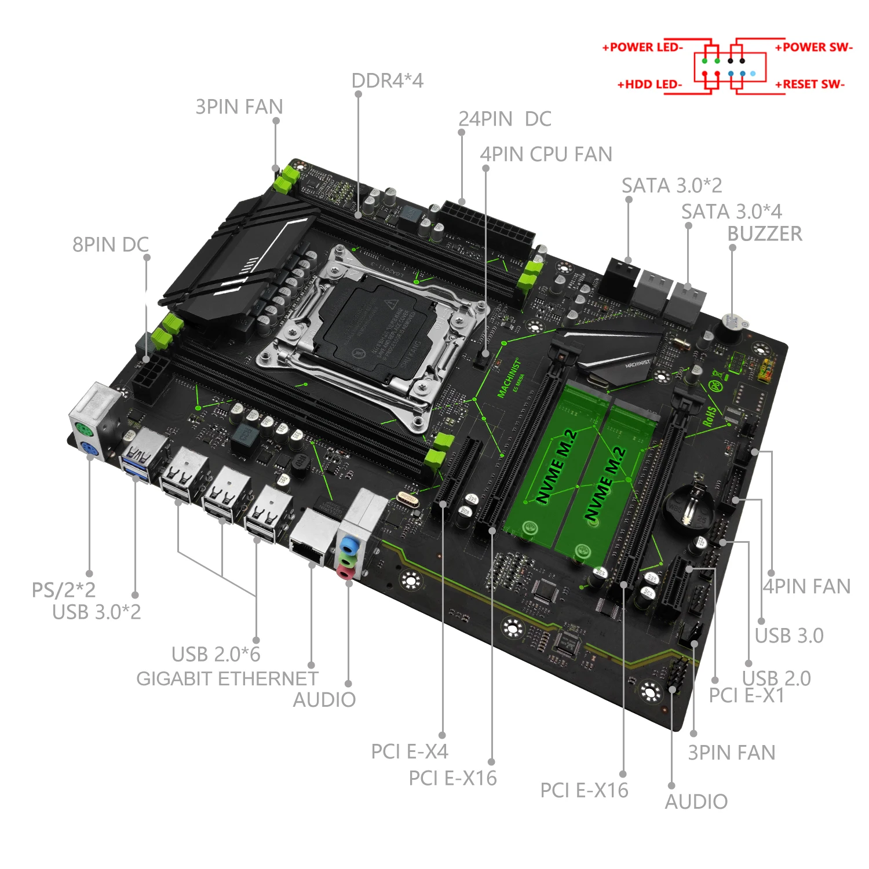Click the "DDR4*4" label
pyautogui.click(x=387, y=81)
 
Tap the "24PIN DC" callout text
pyautogui.click(x=505, y=119)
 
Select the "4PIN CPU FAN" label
pyautogui.click(x=546, y=154)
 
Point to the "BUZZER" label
pyautogui.click(x=765, y=233)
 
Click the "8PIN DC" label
pyautogui.click(x=110, y=244)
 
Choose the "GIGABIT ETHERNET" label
pyautogui.click(x=227, y=678)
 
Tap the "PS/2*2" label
pyautogui.click(x=63, y=590)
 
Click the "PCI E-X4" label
pyautogui.click(x=410, y=751)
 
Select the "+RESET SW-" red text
pyautogui.click(x=810, y=85)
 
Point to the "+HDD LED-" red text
pyautogui.click(x=649, y=85)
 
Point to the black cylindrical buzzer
pyautogui.click(x=731, y=328)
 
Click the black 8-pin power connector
pyautogui.click(x=150, y=377)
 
